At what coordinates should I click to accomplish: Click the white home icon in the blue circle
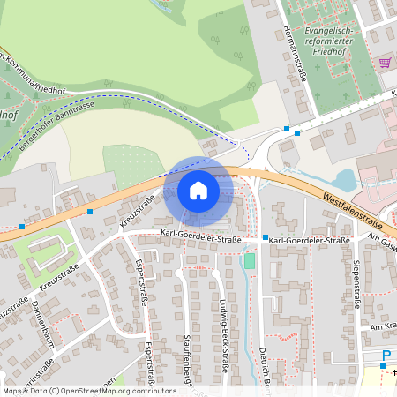198,191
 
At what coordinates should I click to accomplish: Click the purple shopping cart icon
385,63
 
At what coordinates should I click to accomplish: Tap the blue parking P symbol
386,356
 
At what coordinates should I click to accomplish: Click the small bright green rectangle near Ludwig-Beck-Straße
250,261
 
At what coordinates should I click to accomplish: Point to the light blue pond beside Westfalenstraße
346,182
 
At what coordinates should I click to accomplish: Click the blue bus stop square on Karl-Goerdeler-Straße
265,237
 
